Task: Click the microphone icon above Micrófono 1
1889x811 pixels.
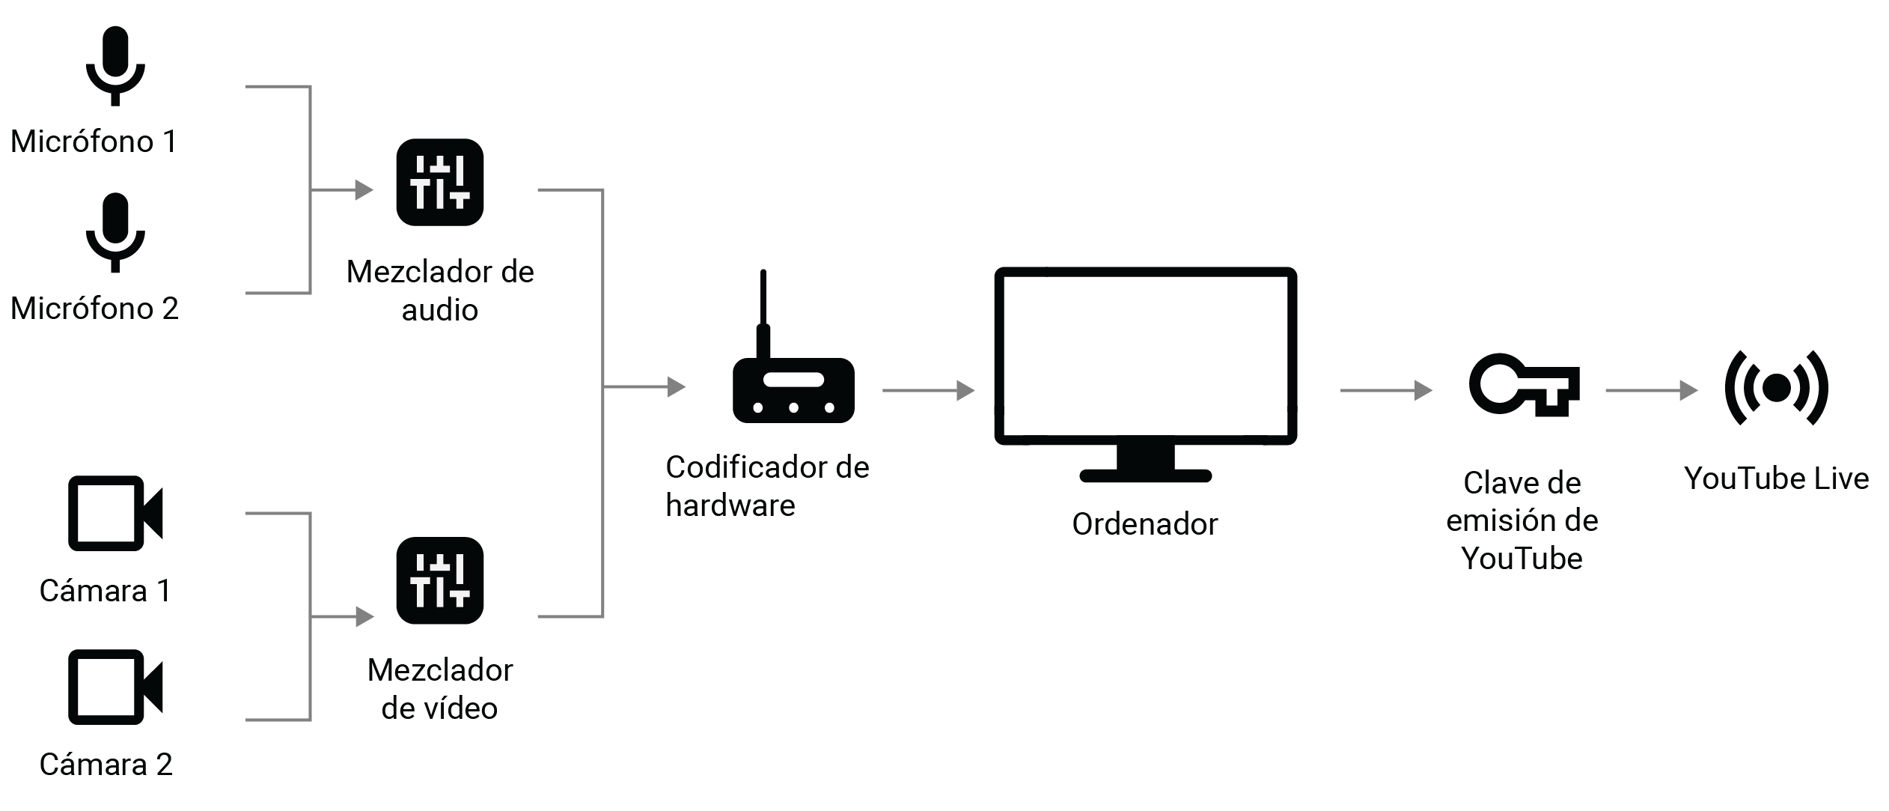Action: [x=115, y=65]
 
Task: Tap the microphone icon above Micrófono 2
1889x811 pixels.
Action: [x=115, y=232]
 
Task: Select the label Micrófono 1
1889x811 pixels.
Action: [x=94, y=142]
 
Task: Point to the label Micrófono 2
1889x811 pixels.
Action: [x=94, y=309]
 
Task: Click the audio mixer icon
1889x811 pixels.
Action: [x=439, y=182]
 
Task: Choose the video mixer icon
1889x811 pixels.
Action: [x=439, y=580]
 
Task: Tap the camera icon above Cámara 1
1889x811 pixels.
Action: [x=115, y=514]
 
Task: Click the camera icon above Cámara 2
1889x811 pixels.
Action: [x=115, y=687]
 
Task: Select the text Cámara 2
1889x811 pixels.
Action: [x=106, y=765]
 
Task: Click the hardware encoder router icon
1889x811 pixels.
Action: [x=793, y=390]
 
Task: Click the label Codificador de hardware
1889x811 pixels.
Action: [x=766, y=486]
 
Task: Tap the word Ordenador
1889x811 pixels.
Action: [x=1144, y=524]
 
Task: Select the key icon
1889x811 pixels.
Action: [x=1524, y=386]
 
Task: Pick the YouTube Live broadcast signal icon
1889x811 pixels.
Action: [x=1776, y=388]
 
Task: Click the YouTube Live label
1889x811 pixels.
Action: [x=1776, y=479]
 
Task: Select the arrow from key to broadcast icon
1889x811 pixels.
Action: [x=1650, y=390]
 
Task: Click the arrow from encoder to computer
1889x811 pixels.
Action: [x=928, y=390]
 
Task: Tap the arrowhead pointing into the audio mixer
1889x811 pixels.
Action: [x=364, y=190]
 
